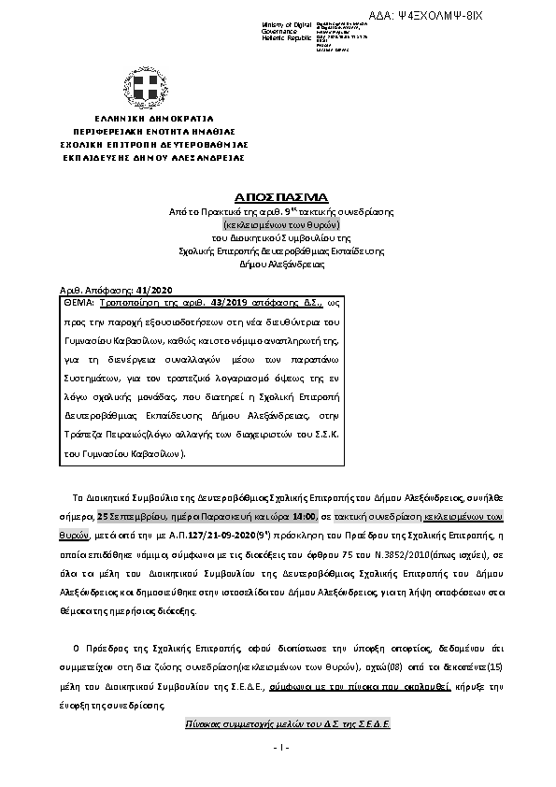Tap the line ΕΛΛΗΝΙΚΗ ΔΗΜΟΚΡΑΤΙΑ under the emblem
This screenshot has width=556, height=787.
(x=149, y=120)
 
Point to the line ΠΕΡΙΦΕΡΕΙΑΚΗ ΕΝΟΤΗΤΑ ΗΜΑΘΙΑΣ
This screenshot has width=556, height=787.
(x=149, y=133)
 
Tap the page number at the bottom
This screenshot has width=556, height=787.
(x=278, y=748)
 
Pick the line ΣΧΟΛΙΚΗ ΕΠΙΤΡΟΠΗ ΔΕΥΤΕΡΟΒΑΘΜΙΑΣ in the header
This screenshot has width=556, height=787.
(x=149, y=146)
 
